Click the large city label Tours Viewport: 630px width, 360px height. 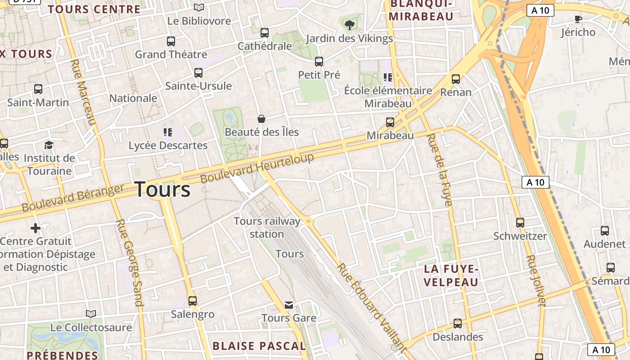(162, 189)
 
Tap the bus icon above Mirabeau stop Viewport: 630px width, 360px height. (390, 122)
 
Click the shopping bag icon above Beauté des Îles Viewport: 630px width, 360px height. (261, 119)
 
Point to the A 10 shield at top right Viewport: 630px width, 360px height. (540, 10)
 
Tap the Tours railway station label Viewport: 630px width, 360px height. (267, 227)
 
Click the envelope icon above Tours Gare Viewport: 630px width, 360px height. (289, 305)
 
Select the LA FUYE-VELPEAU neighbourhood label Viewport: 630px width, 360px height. (451, 275)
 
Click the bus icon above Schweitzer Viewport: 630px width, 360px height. (520, 222)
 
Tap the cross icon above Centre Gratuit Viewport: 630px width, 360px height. (36, 228)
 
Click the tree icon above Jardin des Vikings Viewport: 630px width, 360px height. (349, 25)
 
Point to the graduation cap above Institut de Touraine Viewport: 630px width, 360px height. (49, 145)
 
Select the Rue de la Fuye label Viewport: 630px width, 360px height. (439, 170)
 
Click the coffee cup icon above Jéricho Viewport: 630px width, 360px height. (578, 19)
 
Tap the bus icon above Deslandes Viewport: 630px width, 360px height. (458, 323)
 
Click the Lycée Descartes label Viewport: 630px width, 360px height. (168, 145)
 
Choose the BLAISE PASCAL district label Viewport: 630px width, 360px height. (259, 346)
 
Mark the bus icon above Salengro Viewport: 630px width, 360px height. (193, 301)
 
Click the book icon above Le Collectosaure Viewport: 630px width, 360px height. (91, 314)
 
